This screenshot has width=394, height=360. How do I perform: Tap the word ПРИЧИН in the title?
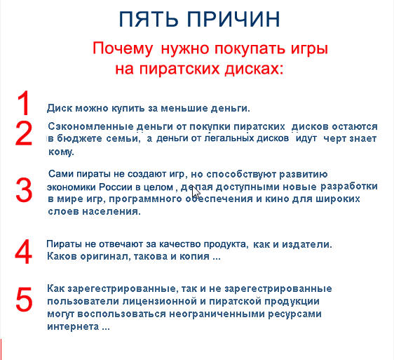coord(233,20)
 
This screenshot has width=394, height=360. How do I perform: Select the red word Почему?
coord(123,48)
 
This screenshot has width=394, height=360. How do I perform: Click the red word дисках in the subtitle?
coord(254,69)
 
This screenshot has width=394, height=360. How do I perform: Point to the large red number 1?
coord(24,103)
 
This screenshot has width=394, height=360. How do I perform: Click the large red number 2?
coord(24,133)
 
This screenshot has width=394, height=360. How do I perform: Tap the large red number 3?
coord(24,189)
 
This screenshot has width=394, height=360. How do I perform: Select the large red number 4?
coord(24,251)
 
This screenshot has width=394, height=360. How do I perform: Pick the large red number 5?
coord(24,300)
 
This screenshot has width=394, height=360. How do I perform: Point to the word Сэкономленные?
coord(90,126)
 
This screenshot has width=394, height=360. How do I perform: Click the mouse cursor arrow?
coord(196,193)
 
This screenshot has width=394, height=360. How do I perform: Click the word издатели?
coord(307,244)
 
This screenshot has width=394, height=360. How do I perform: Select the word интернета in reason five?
coord(73,327)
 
